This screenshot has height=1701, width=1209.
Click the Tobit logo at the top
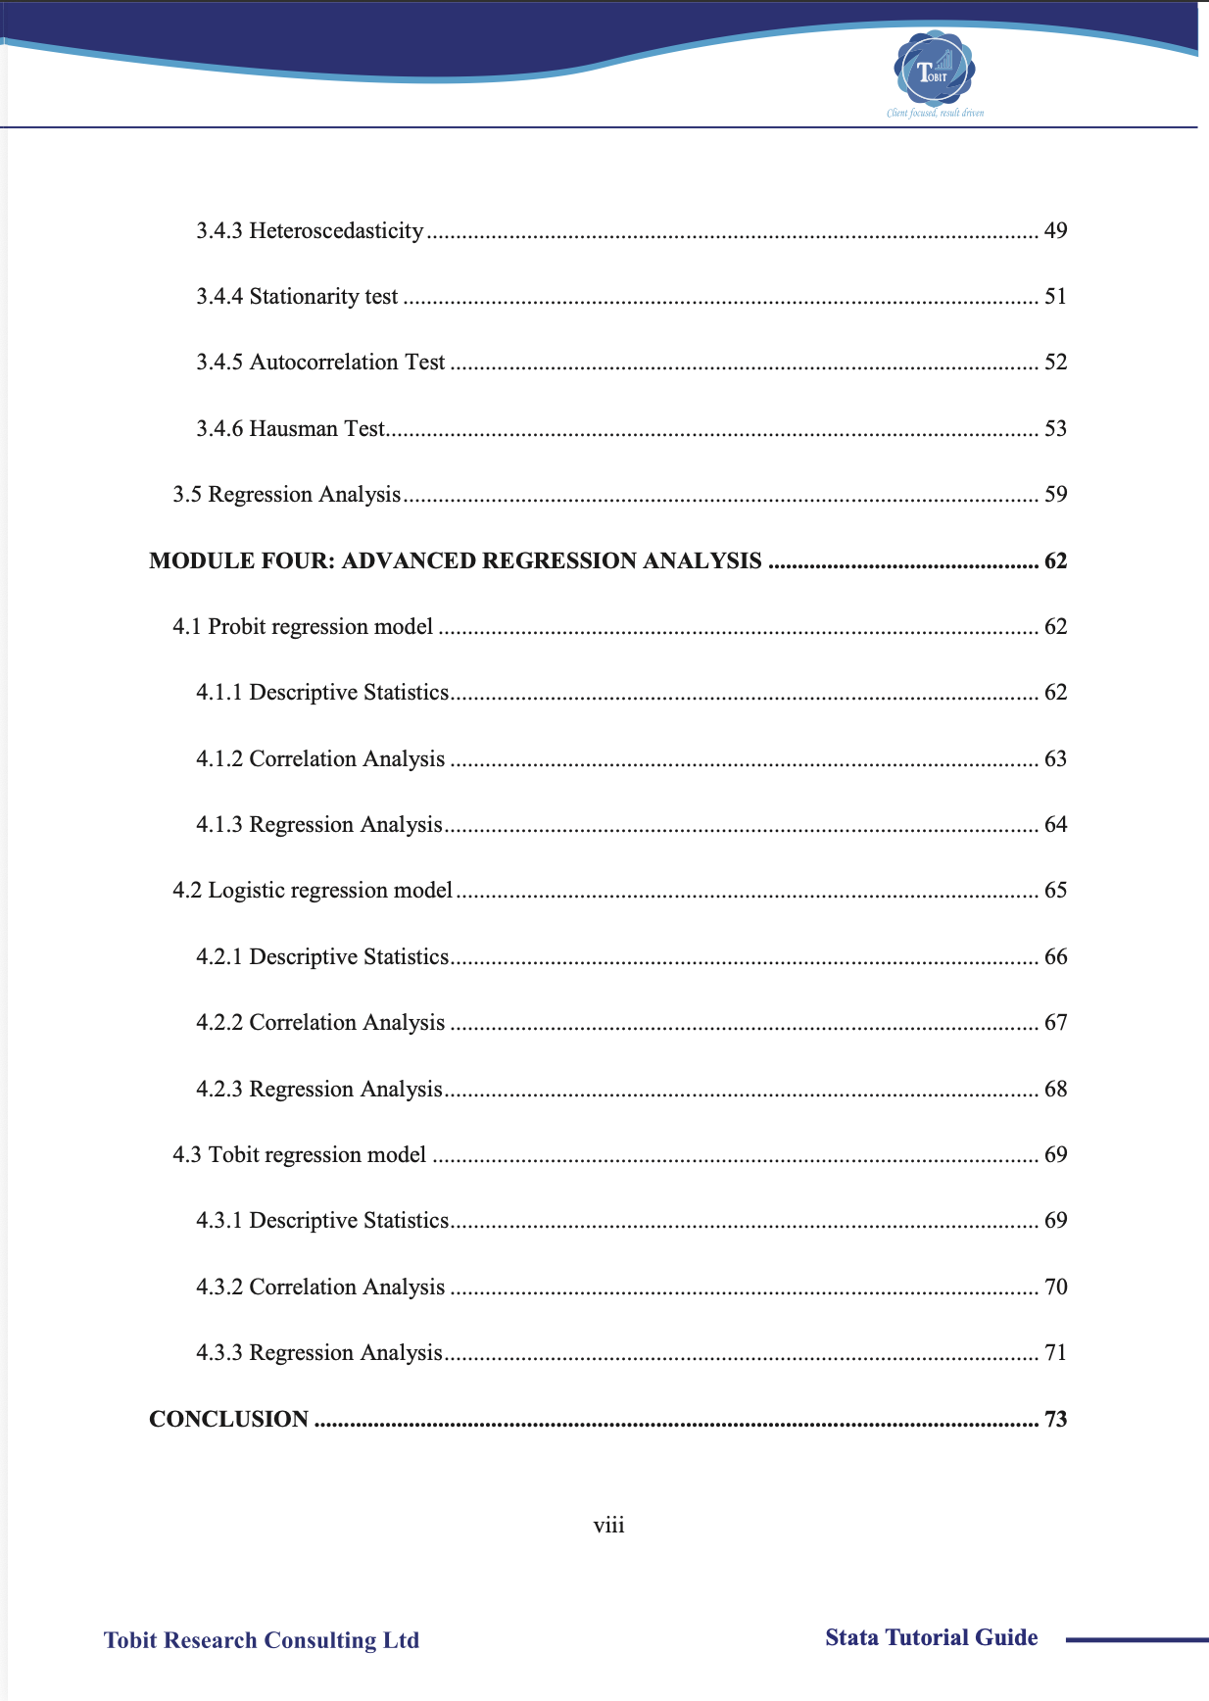(x=934, y=71)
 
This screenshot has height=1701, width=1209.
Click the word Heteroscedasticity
(x=336, y=230)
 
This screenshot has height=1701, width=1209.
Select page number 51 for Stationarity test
(x=1055, y=296)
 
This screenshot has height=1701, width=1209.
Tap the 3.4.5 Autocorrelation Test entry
(x=320, y=363)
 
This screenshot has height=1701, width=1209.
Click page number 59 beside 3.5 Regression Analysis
(x=1055, y=494)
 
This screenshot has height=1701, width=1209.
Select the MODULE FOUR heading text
(x=455, y=560)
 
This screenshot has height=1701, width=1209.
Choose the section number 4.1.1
(x=218, y=693)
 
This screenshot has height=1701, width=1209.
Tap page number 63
(x=1055, y=758)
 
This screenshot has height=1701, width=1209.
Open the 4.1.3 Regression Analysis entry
(x=319, y=825)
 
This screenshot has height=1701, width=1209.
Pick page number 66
(x=1055, y=956)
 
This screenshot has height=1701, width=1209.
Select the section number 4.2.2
(x=218, y=1023)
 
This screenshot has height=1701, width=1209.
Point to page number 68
(x=1055, y=1089)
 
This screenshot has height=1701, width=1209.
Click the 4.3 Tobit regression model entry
(x=300, y=1154)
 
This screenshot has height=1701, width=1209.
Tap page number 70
(x=1055, y=1287)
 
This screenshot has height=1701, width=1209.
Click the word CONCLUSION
(x=228, y=1419)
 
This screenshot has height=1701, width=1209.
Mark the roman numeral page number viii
(x=608, y=1525)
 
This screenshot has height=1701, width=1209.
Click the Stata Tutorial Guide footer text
(x=931, y=1637)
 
